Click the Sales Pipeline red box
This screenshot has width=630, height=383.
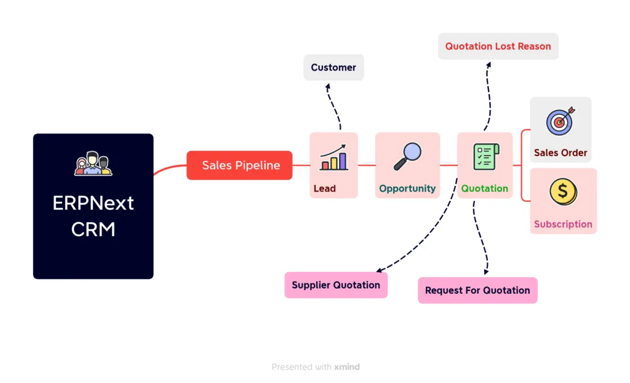239,165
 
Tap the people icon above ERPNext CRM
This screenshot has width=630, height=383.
93,163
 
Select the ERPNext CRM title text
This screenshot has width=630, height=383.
93,216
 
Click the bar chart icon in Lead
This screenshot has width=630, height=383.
333,158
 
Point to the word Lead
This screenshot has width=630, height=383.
324,189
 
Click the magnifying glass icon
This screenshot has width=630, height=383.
407,156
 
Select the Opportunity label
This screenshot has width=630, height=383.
407,189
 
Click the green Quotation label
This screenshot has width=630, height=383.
485,189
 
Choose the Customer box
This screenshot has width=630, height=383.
333,68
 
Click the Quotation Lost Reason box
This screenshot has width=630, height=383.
498,46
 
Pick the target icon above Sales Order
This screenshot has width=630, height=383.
560,122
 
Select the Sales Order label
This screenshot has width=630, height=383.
560,152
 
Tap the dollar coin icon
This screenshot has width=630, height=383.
563,192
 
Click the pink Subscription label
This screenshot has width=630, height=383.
563,224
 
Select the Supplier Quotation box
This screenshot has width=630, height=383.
336,285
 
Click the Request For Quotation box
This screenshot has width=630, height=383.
477,290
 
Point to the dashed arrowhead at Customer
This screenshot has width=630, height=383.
327,87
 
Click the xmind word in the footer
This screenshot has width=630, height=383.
347,367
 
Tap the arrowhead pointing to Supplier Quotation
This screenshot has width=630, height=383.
380,270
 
